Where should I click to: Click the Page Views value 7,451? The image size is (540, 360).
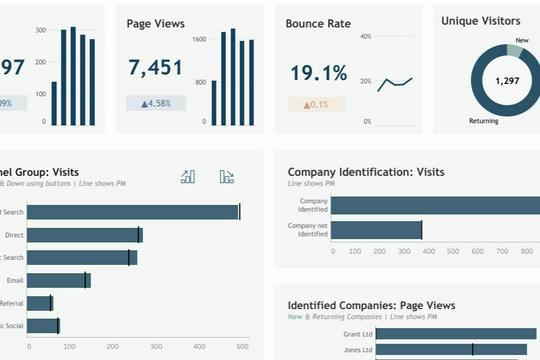click(x=155, y=67)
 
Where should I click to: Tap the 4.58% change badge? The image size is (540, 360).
click(x=155, y=103)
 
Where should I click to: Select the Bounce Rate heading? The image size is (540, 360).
click(x=318, y=23)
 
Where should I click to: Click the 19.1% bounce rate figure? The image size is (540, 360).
click(x=318, y=73)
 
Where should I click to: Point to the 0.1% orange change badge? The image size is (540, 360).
click(x=316, y=105)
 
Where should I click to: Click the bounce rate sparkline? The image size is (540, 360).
click(x=395, y=84)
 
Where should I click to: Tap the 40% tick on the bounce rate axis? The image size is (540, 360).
click(x=365, y=36)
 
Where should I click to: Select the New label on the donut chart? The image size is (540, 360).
click(x=521, y=41)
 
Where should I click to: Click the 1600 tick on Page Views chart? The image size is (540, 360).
click(x=199, y=39)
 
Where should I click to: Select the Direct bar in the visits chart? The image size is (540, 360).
click(x=85, y=235)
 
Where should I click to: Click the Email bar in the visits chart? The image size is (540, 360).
click(x=59, y=281)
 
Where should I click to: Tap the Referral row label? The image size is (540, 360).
click(x=12, y=303)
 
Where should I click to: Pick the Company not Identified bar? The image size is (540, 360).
click(x=376, y=230)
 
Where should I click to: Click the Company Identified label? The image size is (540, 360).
click(x=313, y=204)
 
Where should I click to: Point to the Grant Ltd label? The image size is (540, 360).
click(x=358, y=333)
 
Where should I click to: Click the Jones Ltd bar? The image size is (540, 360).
click(x=450, y=350)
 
